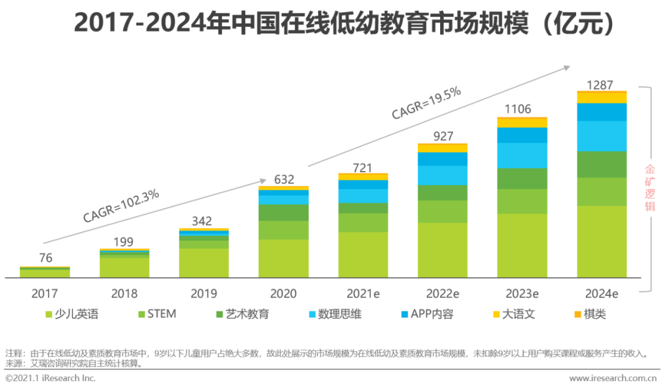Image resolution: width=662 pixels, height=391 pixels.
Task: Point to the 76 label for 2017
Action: tap(45, 258)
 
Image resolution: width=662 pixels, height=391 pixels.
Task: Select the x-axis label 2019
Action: tap(204, 294)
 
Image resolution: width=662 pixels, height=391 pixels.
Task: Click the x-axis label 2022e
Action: tap(442, 294)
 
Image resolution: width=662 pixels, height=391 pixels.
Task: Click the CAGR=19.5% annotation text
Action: tap(426, 103)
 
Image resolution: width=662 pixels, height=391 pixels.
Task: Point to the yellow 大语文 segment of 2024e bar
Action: tap(602, 97)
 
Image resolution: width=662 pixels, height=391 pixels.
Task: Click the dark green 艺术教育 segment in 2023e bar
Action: tap(522, 178)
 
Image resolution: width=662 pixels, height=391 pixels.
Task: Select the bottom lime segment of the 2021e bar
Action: tap(363, 254)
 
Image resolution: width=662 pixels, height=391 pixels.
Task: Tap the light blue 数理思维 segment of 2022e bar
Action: tap(442, 175)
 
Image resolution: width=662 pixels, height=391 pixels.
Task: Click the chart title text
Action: tap(343, 23)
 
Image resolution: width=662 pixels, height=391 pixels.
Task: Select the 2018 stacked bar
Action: tap(124, 264)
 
